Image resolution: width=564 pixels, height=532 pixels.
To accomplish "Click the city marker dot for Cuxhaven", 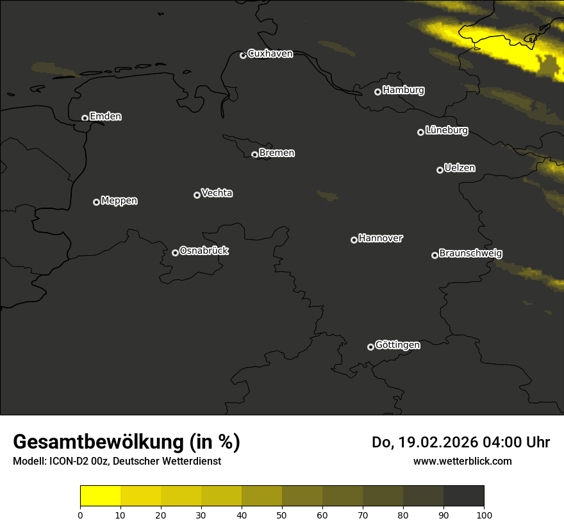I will (x=243, y=55).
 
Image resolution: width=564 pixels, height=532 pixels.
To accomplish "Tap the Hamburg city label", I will (x=403, y=90).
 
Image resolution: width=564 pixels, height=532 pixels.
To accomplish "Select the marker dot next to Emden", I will (x=85, y=118).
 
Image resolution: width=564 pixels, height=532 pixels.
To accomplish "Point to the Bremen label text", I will (x=277, y=153).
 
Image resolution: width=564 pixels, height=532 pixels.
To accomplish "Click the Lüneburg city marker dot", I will (x=420, y=132).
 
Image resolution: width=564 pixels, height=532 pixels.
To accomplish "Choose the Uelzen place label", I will (x=460, y=168).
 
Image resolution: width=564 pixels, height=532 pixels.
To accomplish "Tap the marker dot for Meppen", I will (x=96, y=202).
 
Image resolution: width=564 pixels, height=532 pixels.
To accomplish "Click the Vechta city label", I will (x=217, y=193).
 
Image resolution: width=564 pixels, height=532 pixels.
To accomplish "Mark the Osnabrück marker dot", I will (x=175, y=253).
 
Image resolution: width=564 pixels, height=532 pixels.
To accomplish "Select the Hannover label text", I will (x=381, y=238).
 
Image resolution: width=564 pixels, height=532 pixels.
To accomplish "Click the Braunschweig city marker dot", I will (x=435, y=255).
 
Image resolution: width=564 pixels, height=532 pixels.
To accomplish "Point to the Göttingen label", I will (x=397, y=345).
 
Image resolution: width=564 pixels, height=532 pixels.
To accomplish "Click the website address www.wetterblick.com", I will (x=463, y=461).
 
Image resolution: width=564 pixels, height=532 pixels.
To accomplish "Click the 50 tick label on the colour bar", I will (x=282, y=514).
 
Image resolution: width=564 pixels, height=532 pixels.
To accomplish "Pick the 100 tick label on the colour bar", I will (x=484, y=514).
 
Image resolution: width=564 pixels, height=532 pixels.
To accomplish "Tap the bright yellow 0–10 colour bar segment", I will (x=100, y=496).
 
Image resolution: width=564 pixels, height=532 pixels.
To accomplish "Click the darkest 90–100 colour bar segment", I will (x=463, y=496).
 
